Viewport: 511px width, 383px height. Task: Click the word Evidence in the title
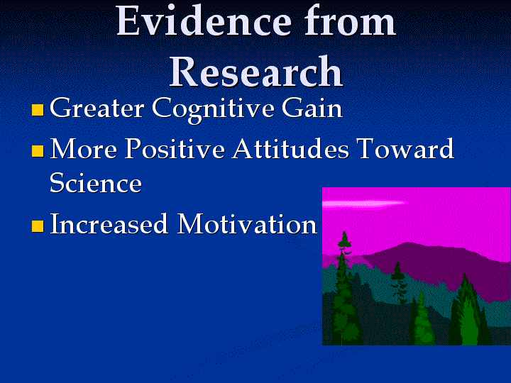[204, 20]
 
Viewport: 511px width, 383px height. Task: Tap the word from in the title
[350, 20]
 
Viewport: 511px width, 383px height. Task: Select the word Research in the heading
[256, 71]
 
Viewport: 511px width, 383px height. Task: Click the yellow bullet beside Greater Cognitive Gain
[38, 110]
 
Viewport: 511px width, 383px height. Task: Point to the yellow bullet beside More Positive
[38, 151]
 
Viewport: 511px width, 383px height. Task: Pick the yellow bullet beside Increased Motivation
[38, 226]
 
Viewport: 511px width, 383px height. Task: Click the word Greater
[97, 108]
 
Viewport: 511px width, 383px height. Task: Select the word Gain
[312, 108]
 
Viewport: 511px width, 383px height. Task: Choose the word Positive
[175, 148]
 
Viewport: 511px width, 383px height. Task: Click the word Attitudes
[290, 148]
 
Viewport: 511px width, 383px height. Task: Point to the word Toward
[405, 148]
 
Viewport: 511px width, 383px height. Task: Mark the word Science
[96, 182]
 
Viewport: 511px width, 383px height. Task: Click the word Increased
[109, 223]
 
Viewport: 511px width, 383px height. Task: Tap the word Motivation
[248, 223]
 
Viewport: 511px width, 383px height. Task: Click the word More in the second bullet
[84, 148]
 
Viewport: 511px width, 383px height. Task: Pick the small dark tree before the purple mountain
[398, 283]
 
